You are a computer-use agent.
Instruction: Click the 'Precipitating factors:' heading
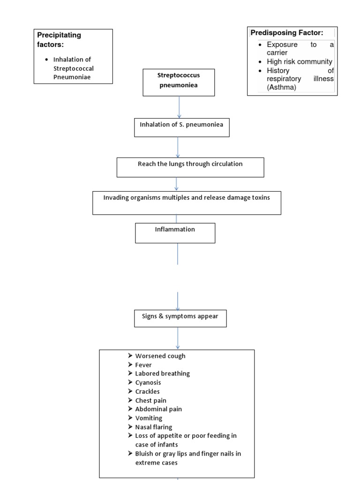[59, 40]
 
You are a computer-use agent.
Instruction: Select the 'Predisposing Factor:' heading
[287, 32]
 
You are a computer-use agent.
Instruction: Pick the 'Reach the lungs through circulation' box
[190, 167]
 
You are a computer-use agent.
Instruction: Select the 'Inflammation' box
[175, 233]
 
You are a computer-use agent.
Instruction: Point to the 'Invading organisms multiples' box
[187, 202]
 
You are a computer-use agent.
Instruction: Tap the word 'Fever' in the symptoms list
[143, 365]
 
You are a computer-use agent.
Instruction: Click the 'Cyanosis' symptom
[148, 382]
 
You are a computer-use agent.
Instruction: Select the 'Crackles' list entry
[147, 391]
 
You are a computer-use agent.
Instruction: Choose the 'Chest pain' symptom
[150, 400]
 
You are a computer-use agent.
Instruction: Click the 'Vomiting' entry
[149, 418]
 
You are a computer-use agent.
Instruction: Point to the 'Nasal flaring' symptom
[153, 427]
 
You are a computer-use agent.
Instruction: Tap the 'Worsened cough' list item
[160, 356]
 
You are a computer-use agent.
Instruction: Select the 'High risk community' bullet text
[299, 62]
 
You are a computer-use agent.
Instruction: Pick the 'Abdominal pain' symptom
[158, 409]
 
